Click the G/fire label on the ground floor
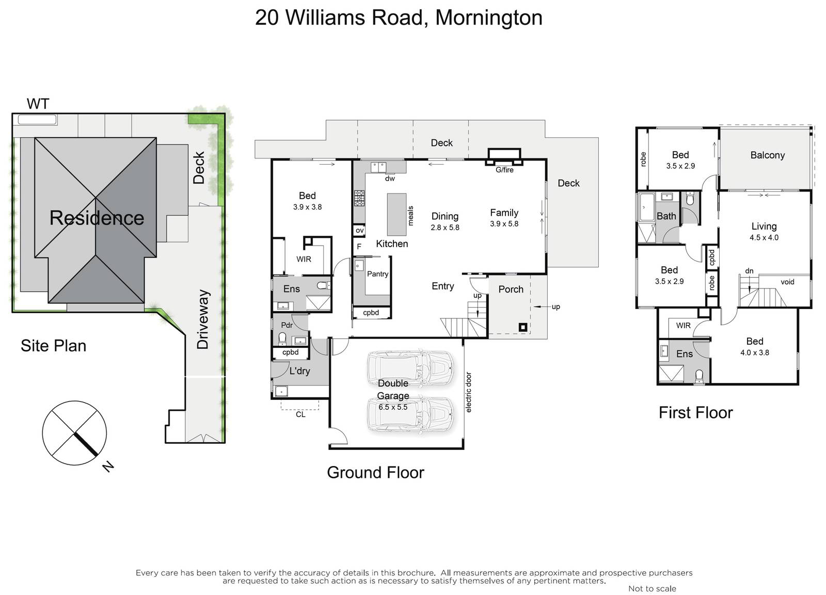(x=504, y=170)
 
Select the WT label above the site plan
(x=38, y=104)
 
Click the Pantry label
(x=377, y=274)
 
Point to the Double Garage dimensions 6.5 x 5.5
(x=393, y=407)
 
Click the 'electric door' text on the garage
(x=468, y=392)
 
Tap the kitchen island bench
(x=397, y=215)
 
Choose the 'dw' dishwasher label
(x=390, y=179)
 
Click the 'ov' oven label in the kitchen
(x=359, y=231)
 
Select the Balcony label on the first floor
(x=767, y=155)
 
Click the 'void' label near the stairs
(x=787, y=282)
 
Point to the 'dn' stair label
(x=749, y=271)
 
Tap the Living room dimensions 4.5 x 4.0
(x=764, y=238)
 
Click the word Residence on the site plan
(x=97, y=218)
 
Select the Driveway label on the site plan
(x=203, y=319)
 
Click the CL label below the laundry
(x=300, y=414)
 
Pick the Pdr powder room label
(x=287, y=325)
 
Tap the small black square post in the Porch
(x=522, y=327)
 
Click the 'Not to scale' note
(x=652, y=589)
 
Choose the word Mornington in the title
(x=489, y=18)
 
